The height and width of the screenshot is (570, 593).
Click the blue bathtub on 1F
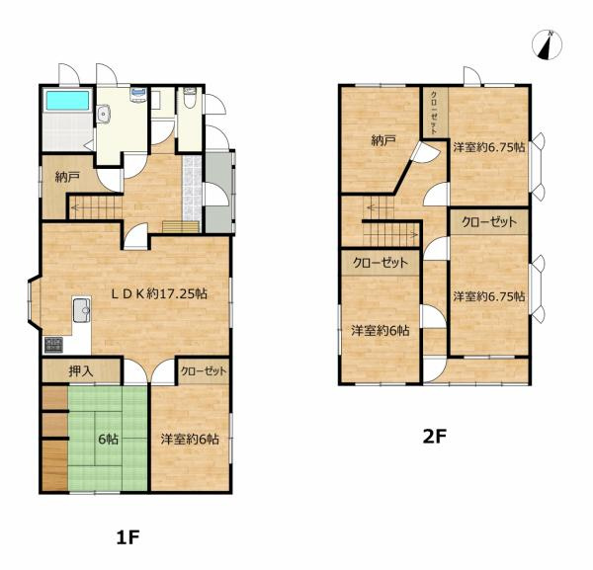[68, 100]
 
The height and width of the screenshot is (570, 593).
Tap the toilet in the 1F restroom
[189, 98]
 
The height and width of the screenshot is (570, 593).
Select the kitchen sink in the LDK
[82, 310]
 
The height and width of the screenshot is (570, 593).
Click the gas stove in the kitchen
[53, 345]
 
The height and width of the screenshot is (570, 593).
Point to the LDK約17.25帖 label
[159, 293]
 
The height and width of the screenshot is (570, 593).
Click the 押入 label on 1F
[81, 371]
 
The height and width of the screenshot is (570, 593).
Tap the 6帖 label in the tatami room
[108, 440]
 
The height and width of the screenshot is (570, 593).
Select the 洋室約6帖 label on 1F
[190, 440]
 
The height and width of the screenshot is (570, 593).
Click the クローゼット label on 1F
[204, 371]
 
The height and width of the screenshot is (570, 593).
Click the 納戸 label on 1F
[67, 177]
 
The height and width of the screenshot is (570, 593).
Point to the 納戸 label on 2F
[383, 141]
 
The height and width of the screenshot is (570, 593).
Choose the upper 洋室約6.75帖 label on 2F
[489, 147]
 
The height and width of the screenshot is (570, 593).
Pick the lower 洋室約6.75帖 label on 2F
[489, 296]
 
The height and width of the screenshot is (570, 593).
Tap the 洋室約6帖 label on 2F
[381, 331]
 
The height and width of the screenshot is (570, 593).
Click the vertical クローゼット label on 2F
[435, 113]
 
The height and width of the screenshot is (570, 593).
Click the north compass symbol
[547, 44]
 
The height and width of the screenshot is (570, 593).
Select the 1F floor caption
[128, 537]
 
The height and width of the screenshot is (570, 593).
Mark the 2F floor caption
[435, 437]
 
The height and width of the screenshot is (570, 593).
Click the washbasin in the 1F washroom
[103, 114]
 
